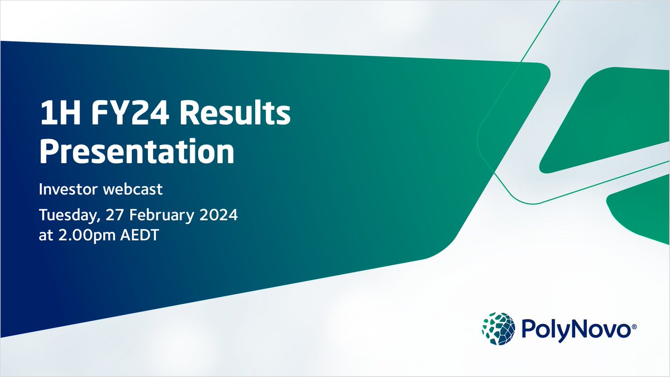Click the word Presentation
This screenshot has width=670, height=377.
[137, 152]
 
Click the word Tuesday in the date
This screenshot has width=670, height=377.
[66, 214]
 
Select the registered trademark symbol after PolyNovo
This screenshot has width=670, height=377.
[633, 330]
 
